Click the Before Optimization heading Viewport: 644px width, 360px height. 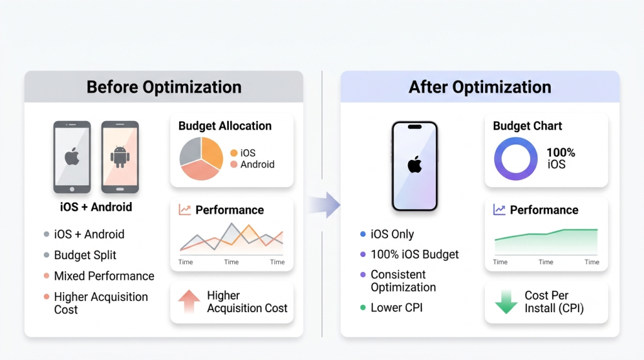pos(164,87)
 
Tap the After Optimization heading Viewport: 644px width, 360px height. pos(480,87)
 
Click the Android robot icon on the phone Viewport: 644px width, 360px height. pos(120,157)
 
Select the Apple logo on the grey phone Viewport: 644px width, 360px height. pos(72,157)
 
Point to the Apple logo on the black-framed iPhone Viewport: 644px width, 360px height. pos(414,164)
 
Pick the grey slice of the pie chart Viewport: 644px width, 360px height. pos(190,151)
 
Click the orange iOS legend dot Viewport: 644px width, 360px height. pos(234,153)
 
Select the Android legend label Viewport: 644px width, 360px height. pos(257,164)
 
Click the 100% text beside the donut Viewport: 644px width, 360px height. pos(560,153)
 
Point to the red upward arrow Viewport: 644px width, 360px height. pos(189,301)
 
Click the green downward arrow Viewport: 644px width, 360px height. pos(506,302)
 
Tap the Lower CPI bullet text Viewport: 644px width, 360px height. pos(396,307)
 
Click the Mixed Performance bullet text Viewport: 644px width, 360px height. pos(104,276)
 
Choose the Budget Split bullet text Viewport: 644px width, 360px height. pos(85,255)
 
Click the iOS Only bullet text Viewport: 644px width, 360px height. pos(392,234)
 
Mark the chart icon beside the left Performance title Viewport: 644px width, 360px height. pos(185,210)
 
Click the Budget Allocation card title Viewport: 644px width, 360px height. pos(225,126)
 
